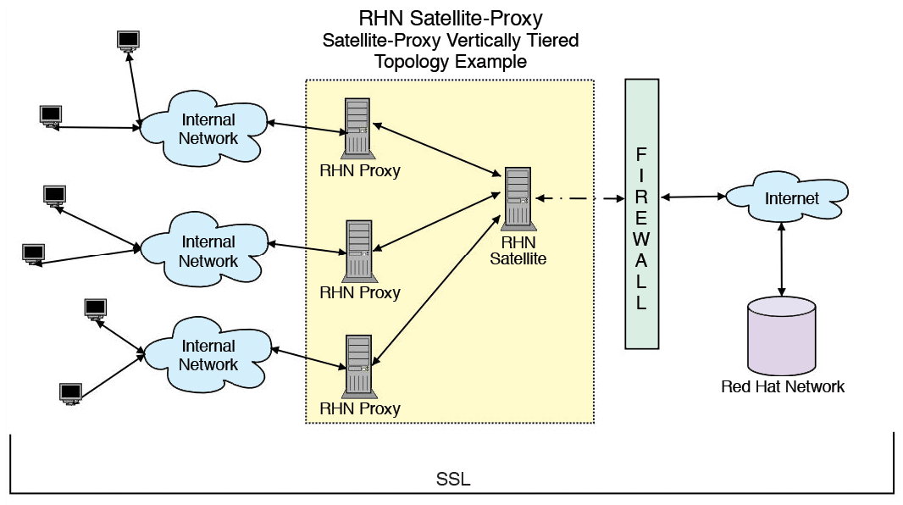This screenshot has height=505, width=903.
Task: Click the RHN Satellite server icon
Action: pyautogui.click(x=518, y=198)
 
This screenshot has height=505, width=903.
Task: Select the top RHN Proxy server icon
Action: pyautogui.click(x=357, y=127)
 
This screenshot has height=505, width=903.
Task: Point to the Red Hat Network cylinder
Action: pyautogui.click(x=782, y=336)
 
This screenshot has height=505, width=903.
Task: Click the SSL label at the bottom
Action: pyautogui.click(x=452, y=480)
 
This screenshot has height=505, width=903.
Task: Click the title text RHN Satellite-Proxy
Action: pyautogui.click(x=450, y=18)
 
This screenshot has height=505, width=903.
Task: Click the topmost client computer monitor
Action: pyautogui.click(x=129, y=40)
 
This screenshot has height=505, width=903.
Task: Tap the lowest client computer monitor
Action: pyautogui.click(x=70, y=392)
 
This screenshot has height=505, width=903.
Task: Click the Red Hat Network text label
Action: pyautogui.click(x=782, y=387)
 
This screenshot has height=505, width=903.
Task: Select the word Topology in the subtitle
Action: pyautogui.click(x=412, y=62)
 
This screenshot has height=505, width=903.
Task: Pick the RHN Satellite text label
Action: pyautogui.click(x=518, y=251)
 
